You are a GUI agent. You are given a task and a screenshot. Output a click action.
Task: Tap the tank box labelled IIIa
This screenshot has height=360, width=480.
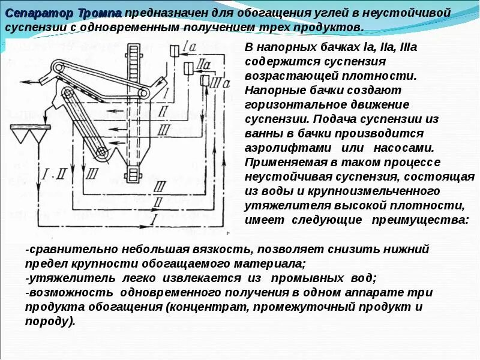(205, 80)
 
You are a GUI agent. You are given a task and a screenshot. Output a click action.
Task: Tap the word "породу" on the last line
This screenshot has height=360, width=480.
(49, 322)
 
